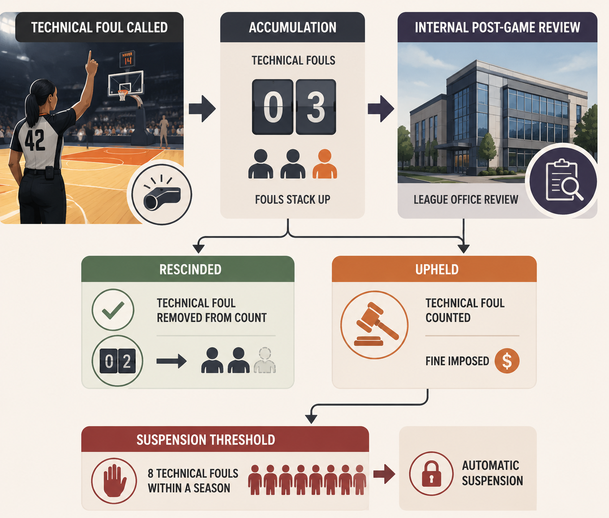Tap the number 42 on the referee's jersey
35,140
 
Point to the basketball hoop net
123,95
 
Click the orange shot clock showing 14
127,59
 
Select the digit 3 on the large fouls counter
316,107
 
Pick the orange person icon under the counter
325,164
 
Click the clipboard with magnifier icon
563,180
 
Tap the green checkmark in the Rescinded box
113,310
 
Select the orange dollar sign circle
507,361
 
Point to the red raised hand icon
114,480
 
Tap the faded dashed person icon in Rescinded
265,360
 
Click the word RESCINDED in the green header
190,270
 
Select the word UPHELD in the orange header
437,270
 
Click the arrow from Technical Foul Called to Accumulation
202,108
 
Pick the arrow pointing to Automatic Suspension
385,474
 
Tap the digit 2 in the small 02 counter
127,361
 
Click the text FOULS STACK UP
292,200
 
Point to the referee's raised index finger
90,56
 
